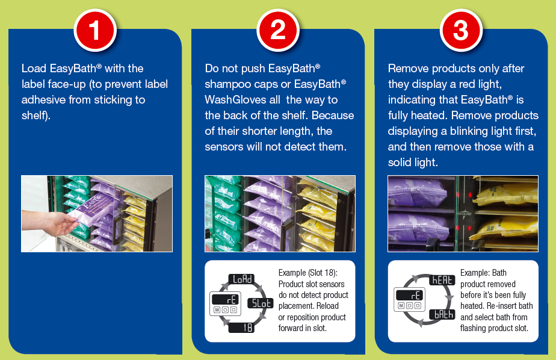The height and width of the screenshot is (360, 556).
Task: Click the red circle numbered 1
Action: pyautogui.click(x=95, y=30)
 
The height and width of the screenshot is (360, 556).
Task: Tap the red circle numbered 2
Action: pyautogui.click(x=278, y=30)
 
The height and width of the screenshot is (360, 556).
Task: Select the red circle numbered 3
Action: pyautogui.click(x=461, y=30)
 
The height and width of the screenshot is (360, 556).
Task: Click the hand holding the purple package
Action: pyautogui.click(x=49, y=222)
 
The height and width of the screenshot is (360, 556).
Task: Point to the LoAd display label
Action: pyautogui.click(x=241, y=279)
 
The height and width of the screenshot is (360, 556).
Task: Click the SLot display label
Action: pyautogui.click(x=261, y=303)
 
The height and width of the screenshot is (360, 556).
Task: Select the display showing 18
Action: pyautogui.click(x=241, y=327)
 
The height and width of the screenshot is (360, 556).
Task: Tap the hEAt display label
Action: pyautogui.click(x=442, y=280)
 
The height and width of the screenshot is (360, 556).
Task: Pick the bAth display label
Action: pyautogui.click(x=442, y=314)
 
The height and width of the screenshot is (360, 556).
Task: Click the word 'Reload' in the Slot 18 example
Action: pyautogui.click(x=327, y=306)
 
